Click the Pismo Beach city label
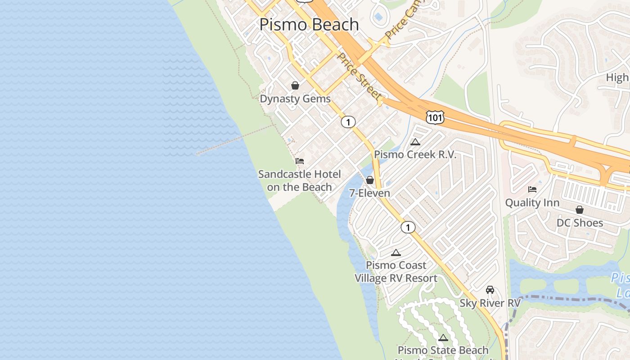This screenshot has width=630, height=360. tap(309, 24)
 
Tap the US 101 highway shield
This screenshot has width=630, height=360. tap(435, 117)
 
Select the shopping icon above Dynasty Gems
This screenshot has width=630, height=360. tap(295, 85)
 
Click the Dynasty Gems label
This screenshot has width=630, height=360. tap(295, 99)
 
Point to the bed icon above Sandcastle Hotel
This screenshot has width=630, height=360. tap(300, 161)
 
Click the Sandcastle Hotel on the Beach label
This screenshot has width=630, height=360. tap(300, 180)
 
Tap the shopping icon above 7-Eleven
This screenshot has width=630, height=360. tap(370, 180)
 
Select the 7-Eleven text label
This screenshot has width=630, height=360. tap(370, 193)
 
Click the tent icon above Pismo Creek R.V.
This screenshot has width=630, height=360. tap(415, 142)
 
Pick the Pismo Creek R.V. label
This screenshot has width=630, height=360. tap(415, 155)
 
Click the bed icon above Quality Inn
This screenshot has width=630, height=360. tap(532, 189)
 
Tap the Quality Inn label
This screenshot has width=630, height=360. tap(532, 202)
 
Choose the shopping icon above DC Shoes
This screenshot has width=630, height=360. tap(580, 210)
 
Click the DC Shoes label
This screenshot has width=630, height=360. tap(580, 223)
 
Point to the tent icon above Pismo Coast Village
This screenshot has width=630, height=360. tap(396, 252)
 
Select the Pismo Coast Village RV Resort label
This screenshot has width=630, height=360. tap(396, 272)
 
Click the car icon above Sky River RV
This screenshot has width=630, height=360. tap(490, 290)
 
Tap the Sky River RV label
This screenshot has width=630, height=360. tap(490, 303)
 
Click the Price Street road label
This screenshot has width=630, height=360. tap(360, 77)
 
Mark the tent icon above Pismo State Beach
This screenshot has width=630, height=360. tap(443, 337)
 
